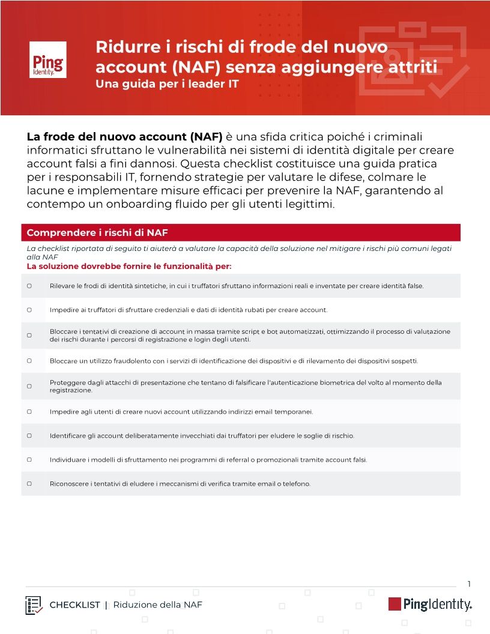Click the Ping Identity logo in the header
[x=48, y=59]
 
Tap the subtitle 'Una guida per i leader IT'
[x=167, y=84]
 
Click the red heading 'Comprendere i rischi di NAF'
[x=97, y=233]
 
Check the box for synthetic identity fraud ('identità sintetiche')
[x=29, y=286]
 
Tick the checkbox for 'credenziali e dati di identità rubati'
[x=29, y=310]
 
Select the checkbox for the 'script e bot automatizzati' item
[x=29, y=336]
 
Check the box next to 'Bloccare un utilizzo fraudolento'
[x=29, y=361]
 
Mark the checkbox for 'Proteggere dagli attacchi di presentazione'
[x=29, y=386]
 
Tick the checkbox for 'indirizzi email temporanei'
[x=29, y=412]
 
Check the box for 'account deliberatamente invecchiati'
[x=29, y=435]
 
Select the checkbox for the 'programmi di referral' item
[x=29, y=460]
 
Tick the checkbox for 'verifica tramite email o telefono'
[x=29, y=483]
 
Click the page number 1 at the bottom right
[x=469, y=584]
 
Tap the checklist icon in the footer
[x=34, y=605]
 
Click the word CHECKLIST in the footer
[x=74, y=605]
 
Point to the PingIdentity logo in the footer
[x=430, y=604]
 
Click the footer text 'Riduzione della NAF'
[x=158, y=605]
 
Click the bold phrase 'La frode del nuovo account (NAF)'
[x=125, y=137]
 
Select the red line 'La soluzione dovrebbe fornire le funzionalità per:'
[x=129, y=266]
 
